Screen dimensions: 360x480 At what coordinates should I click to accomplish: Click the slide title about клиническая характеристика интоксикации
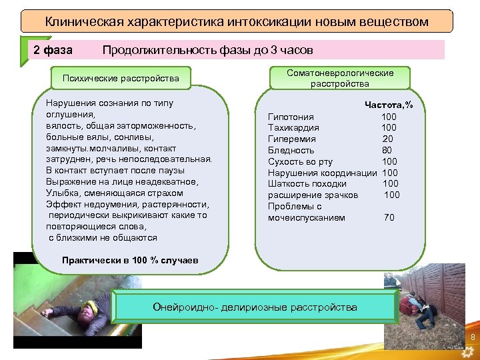(237, 22)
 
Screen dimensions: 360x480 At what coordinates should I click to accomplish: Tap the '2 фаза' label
(53, 50)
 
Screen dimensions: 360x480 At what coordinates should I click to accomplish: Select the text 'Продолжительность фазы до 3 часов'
(207, 50)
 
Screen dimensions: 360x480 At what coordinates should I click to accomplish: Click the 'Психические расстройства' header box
(121, 78)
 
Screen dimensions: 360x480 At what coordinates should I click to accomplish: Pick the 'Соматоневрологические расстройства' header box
(339, 78)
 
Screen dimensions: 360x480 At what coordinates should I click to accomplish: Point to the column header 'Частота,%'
(388, 105)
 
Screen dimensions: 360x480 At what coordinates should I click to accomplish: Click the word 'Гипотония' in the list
(291, 117)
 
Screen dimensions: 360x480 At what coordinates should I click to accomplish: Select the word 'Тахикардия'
(293, 128)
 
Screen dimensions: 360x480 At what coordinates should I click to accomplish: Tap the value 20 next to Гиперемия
(388, 139)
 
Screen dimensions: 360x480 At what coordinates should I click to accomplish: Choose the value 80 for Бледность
(387, 150)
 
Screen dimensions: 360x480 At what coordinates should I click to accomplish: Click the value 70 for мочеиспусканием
(389, 217)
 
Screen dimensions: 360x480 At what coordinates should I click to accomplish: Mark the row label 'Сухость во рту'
(300, 161)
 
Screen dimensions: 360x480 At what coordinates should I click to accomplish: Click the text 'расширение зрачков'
(313, 195)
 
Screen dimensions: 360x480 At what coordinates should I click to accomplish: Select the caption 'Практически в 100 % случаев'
(129, 260)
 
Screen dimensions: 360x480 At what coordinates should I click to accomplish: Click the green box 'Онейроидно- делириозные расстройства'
(255, 307)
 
